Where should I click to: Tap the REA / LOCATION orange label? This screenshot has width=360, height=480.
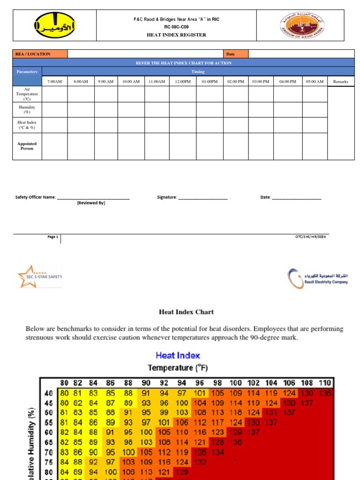click(x=40, y=54)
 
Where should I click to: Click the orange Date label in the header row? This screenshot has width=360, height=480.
click(x=236, y=54)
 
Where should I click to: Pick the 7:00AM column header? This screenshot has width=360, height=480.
click(x=55, y=82)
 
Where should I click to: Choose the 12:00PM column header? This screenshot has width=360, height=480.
click(x=183, y=82)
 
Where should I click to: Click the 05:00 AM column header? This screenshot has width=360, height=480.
click(x=315, y=82)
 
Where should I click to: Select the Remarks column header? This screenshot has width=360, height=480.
click(x=341, y=82)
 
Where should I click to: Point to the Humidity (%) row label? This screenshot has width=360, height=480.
click(x=27, y=109)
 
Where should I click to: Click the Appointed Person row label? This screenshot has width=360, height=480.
click(x=27, y=146)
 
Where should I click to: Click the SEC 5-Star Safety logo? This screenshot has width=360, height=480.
click(x=39, y=276)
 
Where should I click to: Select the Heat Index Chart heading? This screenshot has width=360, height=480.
click(x=187, y=312)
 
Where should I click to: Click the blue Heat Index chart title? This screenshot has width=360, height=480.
click(x=178, y=355)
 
